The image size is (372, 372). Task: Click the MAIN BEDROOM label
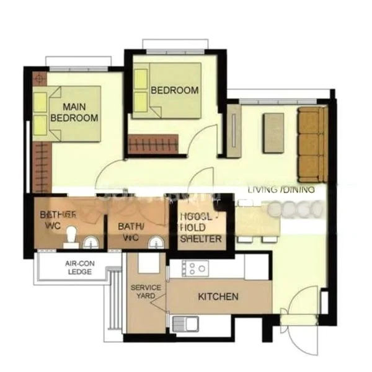click(x=74, y=112)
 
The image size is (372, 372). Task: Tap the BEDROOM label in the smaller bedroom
click(x=175, y=91)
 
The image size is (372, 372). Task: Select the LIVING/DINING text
click(x=281, y=190)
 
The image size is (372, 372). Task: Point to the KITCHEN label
click(x=218, y=297)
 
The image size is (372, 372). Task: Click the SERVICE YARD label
click(x=146, y=292)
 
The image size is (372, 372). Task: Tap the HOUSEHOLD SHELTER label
click(x=199, y=228)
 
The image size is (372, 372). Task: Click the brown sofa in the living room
click(x=311, y=143)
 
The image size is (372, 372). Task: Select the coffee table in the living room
click(x=273, y=132)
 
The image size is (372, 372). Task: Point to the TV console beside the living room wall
click(x=234, y=130)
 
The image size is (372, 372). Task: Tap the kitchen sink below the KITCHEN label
click(x=184, y=323)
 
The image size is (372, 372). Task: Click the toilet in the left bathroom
click(x=71, y=236)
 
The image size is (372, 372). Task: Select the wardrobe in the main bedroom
click(x=41, y=167)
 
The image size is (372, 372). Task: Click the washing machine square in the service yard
click(x=149, y=263)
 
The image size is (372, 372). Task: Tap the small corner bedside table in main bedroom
click(x=40, y=79)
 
